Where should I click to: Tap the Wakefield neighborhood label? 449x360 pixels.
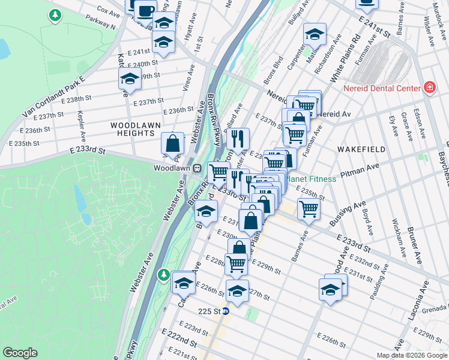[x=359, y=148]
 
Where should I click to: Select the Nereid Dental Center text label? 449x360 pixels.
[x=382, y=88]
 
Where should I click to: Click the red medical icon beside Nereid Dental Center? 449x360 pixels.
[x=429, y=88]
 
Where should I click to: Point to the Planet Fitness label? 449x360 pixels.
[x=311, y=178]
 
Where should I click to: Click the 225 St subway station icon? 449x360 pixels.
[x=226, y=311]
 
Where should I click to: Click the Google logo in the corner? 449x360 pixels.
[x=20, y=353]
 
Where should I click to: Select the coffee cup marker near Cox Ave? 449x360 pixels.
[x=145, y=10]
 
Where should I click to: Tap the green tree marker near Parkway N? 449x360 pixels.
[x=55, y=14]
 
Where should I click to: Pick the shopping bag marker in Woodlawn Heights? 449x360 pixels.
[x=172, y=143]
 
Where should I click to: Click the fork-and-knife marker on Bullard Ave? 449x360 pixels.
[x=238, y=139]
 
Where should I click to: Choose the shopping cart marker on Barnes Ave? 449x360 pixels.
[x=309, y=209]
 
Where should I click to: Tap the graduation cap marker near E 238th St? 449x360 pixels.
[x=128, y=79]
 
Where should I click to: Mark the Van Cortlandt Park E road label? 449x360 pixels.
[x=54, y=96]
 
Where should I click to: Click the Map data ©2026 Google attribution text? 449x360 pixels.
[x=411, y=355]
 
